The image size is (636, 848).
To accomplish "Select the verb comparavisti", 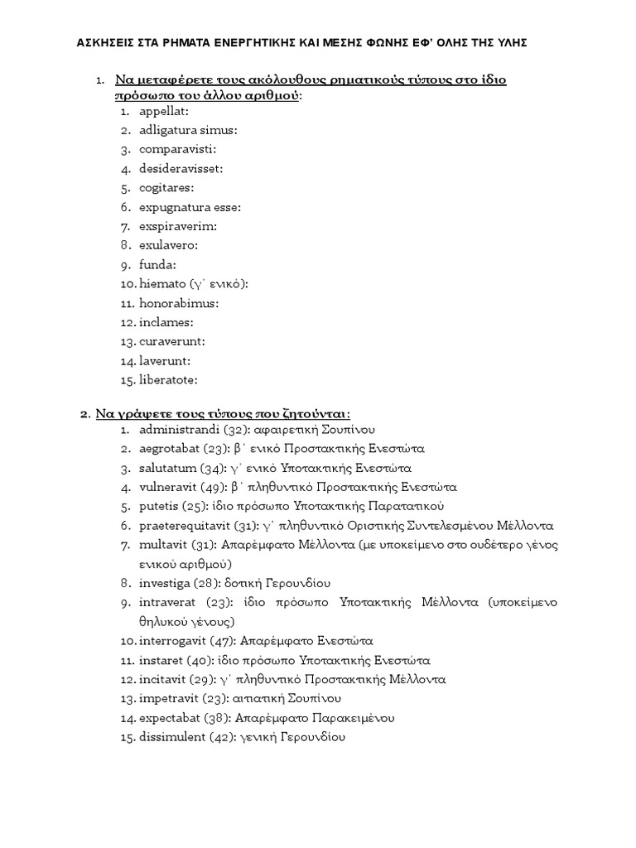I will pyautogui.click(x=176, y=149).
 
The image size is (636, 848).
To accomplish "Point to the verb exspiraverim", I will pyautogui.click(x=176, y=226).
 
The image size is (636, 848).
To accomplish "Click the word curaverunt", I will pyautogui.click(x=171, y=341).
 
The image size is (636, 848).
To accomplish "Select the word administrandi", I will pyautogui.click(x=179, y=430).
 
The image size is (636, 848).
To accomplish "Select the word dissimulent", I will pyautogui.click(x=172, y=737).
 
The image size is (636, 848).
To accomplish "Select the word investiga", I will pyautogui.click(x=166, y=584).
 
